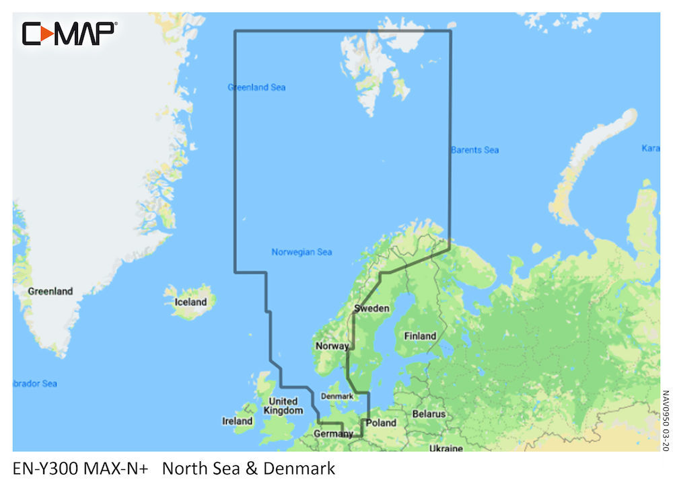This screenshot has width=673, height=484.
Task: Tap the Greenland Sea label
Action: tap(256, 87)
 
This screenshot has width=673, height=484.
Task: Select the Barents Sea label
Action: tap(475, 150)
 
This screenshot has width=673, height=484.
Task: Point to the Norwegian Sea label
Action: tap(302, 252)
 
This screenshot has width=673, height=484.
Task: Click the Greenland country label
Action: tap(50, 292)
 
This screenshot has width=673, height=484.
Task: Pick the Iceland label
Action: tap(190, 302)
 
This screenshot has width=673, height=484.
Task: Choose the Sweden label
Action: tap(371, 309)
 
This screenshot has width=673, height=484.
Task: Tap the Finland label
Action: tap(419, 336)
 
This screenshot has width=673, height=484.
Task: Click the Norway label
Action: tap(332, 346)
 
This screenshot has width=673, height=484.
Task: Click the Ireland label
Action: tap(238, 421)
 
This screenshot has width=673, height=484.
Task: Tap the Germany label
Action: tap(333, 434)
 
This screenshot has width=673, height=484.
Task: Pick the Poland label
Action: tap(381, 423)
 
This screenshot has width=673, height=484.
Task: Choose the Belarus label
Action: tap(429, 414)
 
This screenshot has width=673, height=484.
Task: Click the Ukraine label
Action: tap(446, 448)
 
